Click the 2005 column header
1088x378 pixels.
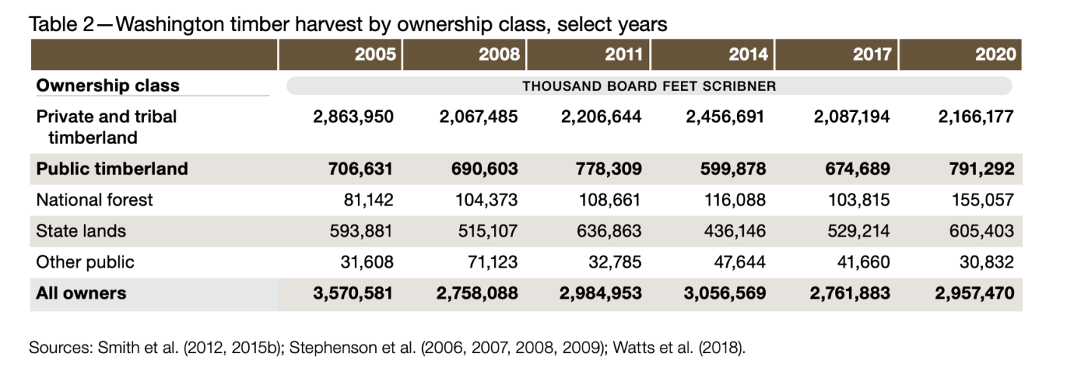(375, 54)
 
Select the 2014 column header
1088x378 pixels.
(748, 54)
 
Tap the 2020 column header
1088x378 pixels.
(996, 54)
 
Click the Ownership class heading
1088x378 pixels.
(107, 85)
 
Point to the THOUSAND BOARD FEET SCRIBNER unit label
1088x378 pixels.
(648, 85)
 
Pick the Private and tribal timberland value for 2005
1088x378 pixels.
(353, 117)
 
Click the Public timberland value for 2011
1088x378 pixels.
(603, 169)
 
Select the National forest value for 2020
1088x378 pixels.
(981, 200)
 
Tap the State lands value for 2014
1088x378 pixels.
(733, 231)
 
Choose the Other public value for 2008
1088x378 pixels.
(490, 262)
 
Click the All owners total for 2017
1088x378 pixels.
(850, 293)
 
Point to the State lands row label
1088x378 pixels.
(81, 231)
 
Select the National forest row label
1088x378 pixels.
(95, 200)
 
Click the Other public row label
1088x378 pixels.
(85, 262)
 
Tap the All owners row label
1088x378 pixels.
(81, 293)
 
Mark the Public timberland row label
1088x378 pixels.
(112, 169)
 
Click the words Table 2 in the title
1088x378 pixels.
(60, 24)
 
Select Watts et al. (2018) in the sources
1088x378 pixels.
(679, 349)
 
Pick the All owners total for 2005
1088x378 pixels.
(353, 293)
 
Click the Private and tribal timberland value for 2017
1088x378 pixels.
(850, 117)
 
